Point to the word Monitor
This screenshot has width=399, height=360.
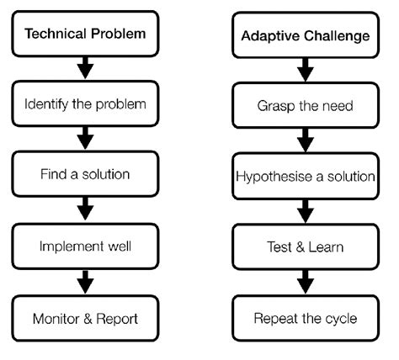point(58,319)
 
